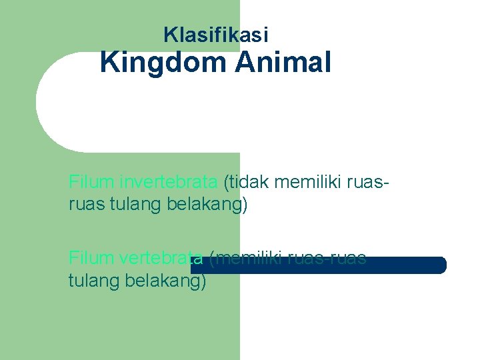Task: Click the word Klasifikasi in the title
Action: tap(215, 34)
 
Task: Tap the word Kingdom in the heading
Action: tap(162, 63)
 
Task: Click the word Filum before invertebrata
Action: tap(92, 181)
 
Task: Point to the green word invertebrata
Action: tap(169, 181)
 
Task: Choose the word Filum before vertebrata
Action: tap(92, 257)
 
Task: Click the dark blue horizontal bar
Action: tap(407, 265)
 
